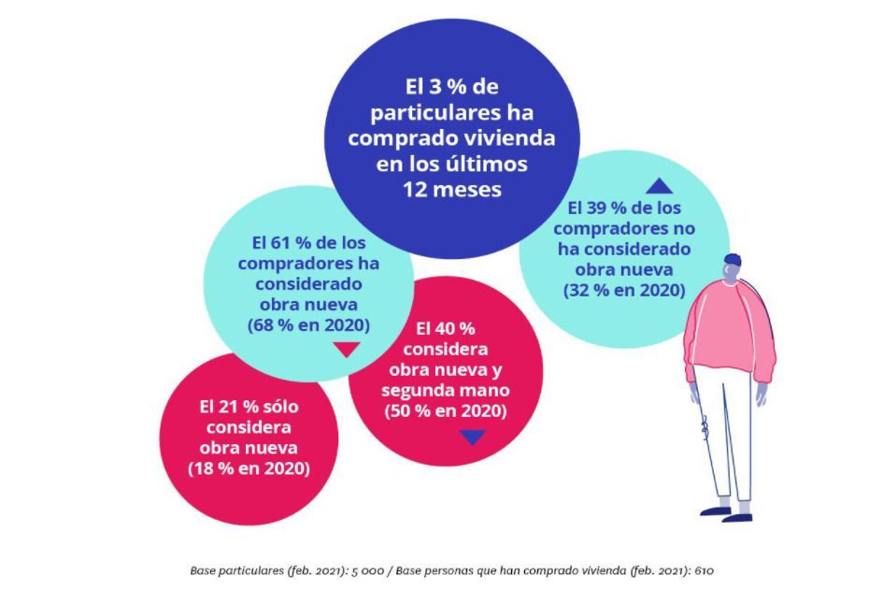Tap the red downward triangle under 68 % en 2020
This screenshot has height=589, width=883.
pyautogui.click(x=345, y=350)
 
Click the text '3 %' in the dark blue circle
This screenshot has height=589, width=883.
pyautogui.click(x=448, y=87)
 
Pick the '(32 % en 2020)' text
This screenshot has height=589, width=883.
pyautogui.click(x=624, y=291)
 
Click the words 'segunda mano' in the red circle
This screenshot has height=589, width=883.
pyautogui.click(x=448, y=391)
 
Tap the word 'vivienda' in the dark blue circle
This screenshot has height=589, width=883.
pyautogui.click(x=511, y=137)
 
